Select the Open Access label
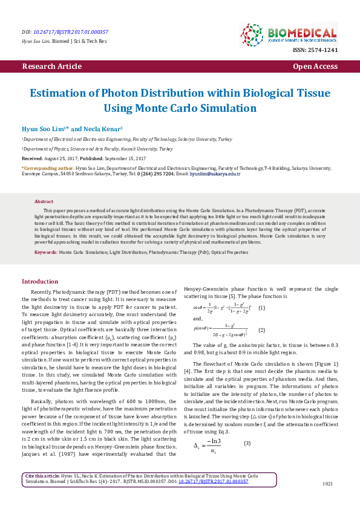point(315,66)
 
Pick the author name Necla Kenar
point(105,129)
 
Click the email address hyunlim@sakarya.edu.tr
point(215,174)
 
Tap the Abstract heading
point(44,201)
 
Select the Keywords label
point(45,251)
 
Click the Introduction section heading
point(40,282)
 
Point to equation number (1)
point(261,308)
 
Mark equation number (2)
point(261,330)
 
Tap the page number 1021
point(328,501)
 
